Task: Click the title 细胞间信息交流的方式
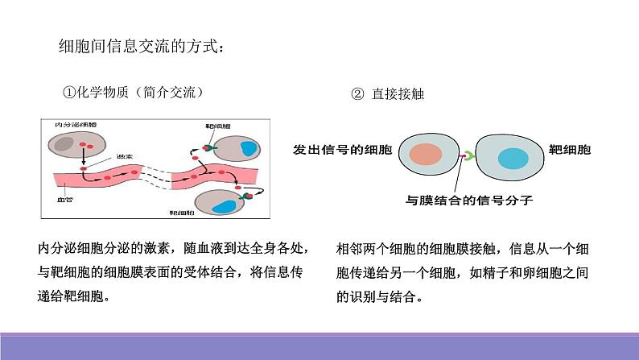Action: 140,47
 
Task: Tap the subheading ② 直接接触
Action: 387,93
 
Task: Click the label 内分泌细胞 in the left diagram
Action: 75,126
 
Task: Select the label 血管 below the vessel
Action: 66,198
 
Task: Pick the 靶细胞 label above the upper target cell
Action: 216,127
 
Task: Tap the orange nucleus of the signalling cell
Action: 423,155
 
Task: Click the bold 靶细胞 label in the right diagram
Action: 569,150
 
